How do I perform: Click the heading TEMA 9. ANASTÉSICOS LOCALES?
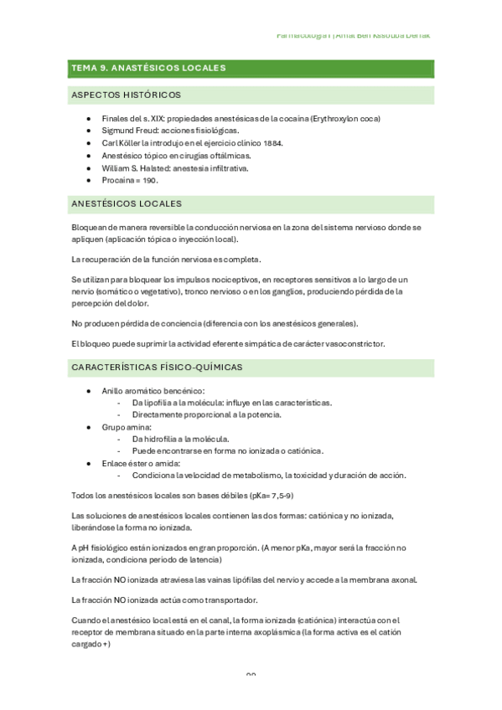click(148, 68)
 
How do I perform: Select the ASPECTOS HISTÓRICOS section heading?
click(126, 95)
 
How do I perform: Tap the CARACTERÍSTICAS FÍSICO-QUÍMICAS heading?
click(157, 367)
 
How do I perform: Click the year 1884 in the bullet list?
click(270, 143)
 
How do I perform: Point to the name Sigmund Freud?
click(131, 131)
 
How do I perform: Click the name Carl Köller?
click(122, 143)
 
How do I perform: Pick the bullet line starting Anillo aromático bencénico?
click(153, 391)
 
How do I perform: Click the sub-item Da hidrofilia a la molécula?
click(180, 439)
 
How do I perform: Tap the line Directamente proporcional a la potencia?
click(206, 414)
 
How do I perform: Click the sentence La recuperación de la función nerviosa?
click(167, 258)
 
